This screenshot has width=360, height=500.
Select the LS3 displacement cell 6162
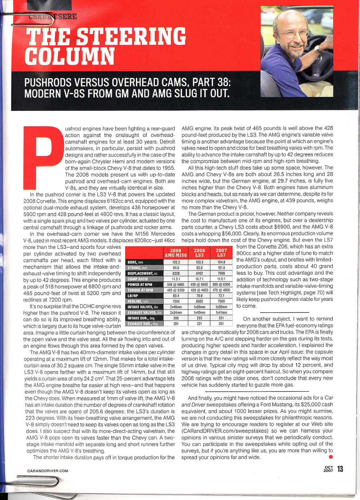click(x=200, y=273)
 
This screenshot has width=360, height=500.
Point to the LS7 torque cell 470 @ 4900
click(x=222, y=290)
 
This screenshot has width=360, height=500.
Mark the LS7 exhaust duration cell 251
click(x=222, y=323)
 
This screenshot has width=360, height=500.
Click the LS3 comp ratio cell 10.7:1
click(x=200, y=279)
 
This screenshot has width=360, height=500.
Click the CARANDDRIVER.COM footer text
click(x=48, y=471)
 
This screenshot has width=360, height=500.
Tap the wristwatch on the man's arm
click(x=317, y=49)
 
